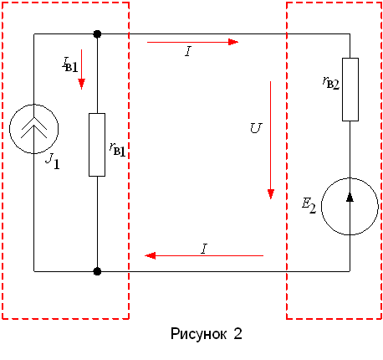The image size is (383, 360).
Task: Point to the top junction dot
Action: [97, 34]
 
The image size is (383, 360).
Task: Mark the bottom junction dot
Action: [97, 271]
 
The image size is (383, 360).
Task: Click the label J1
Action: [53, 162]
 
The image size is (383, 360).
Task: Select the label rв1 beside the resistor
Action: [117, 149]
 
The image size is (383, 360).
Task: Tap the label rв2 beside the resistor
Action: [331, 83]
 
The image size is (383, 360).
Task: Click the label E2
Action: [309, 206]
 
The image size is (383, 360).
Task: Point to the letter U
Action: [256, 128]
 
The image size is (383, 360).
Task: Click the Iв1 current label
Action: [69, 64]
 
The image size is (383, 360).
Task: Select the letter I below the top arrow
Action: [188, 51]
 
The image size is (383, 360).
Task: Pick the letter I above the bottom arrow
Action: [204, 249]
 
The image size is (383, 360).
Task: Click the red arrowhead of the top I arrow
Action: [233, 42]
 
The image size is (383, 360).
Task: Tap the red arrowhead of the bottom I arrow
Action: [151, 255]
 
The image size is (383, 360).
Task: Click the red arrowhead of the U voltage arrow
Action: [271, 194]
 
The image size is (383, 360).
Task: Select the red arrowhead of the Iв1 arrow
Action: [81, 84]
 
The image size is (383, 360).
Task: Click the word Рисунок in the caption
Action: [198, 334]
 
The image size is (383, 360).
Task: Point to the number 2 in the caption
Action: [237, 333]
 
